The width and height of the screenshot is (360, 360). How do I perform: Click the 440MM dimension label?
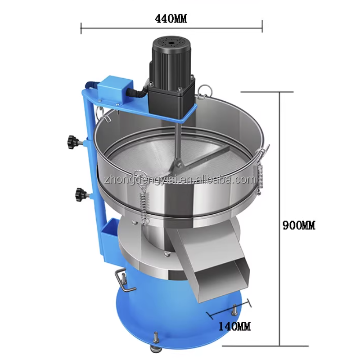click(171, 19)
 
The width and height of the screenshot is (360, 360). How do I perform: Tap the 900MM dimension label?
click(299, 225)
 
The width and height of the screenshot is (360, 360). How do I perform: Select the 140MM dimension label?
click(234, 326)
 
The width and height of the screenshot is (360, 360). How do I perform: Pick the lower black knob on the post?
click(81, 195)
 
